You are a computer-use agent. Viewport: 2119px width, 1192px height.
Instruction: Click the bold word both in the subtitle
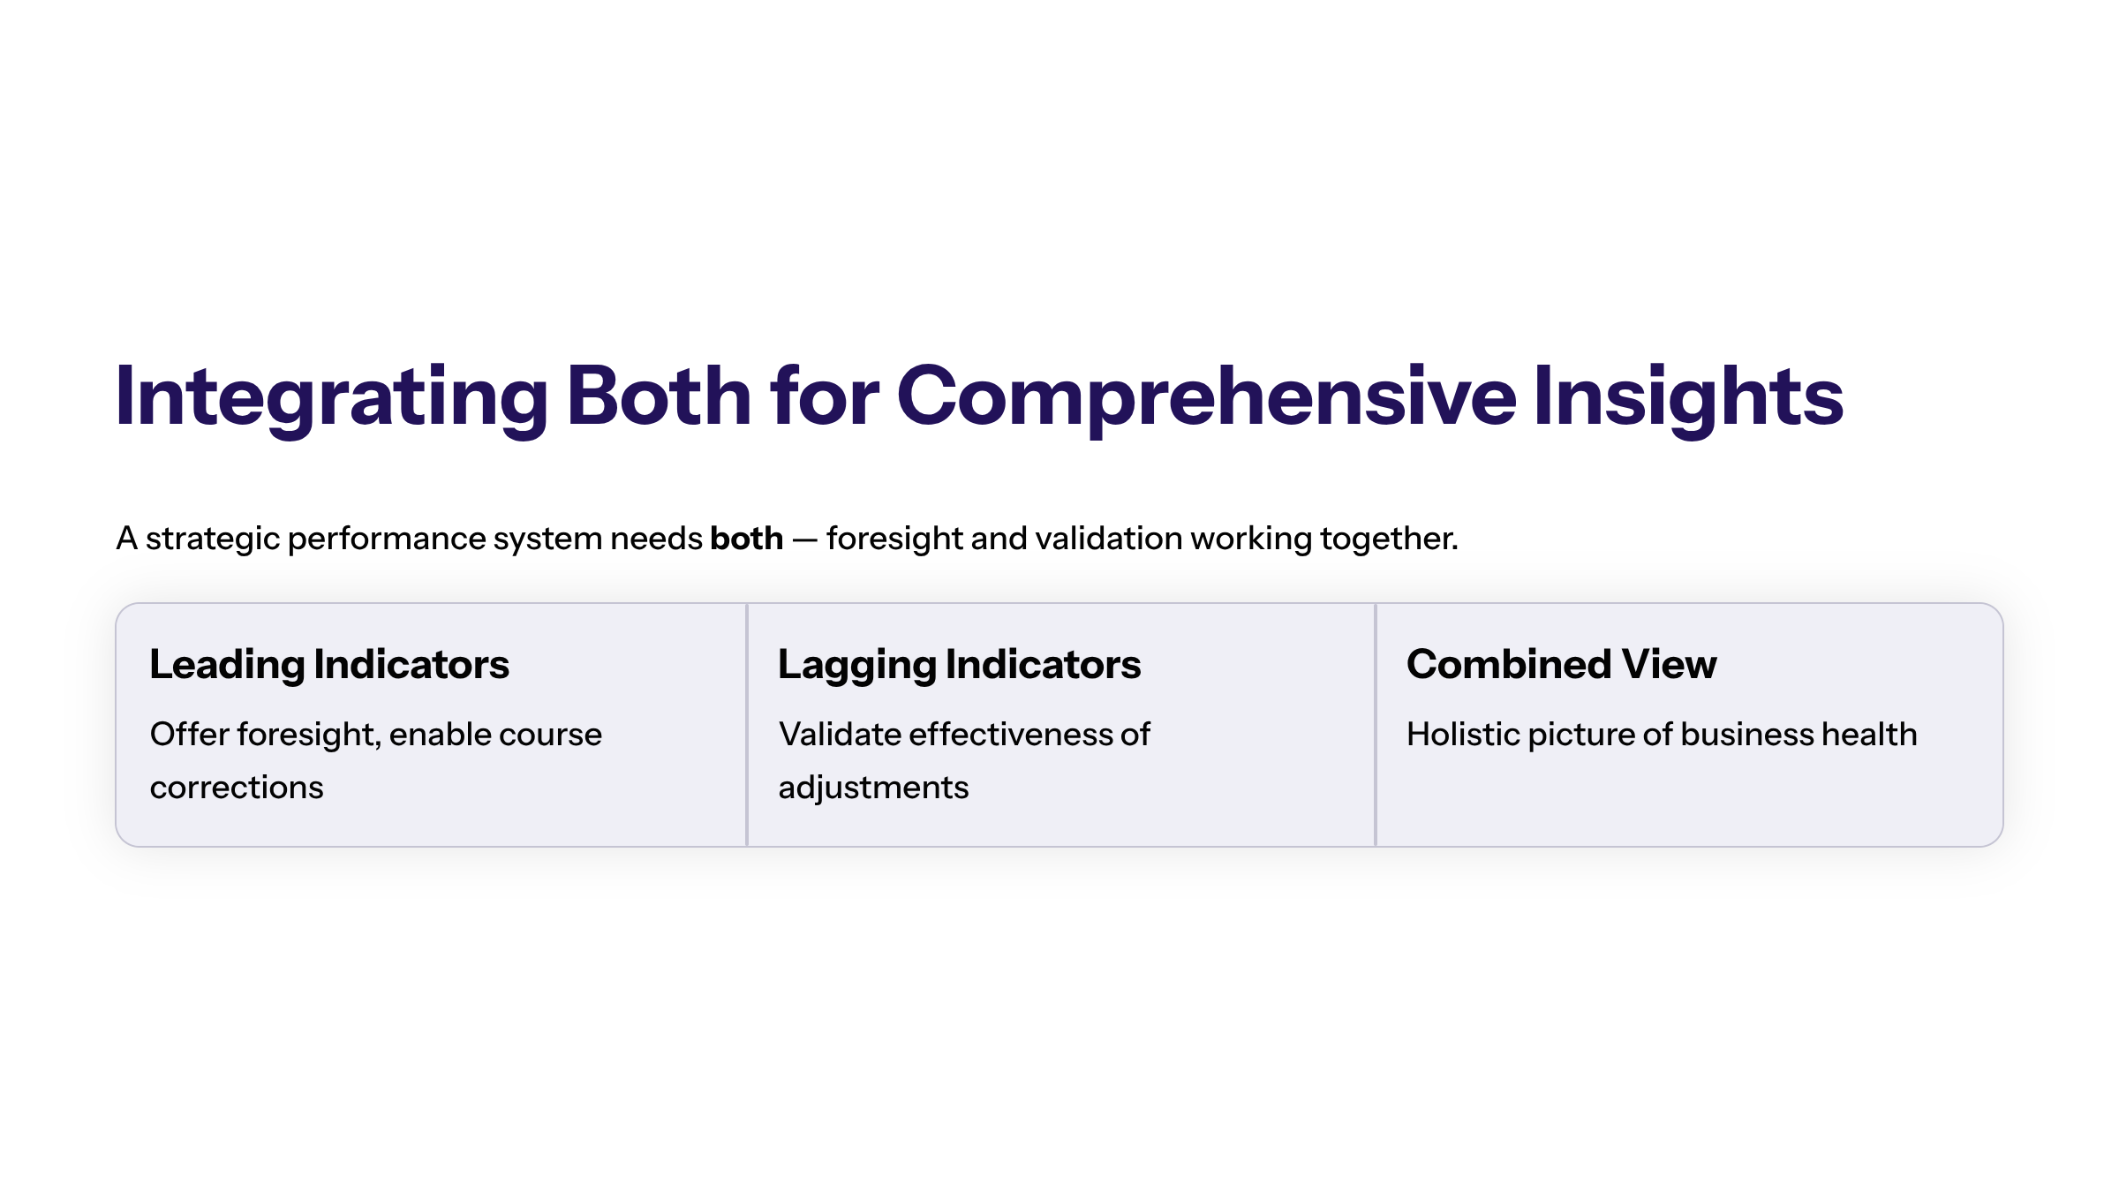click(747, 538)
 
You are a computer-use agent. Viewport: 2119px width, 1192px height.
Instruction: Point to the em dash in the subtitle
click(804, 539)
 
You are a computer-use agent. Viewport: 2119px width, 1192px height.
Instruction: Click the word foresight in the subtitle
click(894, 539)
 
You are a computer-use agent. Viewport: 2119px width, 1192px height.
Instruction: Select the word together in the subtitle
click(1389, 539)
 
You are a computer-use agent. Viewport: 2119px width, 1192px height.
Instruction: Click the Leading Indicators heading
click(329, 665)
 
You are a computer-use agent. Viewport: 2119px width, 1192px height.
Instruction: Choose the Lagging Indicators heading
click(960, 665)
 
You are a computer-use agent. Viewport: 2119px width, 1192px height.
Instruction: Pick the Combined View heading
click(1562, 664)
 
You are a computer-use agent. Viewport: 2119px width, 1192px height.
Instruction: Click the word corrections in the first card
click(237, 788)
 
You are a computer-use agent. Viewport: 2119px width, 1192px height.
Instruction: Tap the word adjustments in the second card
click(874, 788)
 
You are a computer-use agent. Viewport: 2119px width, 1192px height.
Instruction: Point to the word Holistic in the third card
click(1463, 734)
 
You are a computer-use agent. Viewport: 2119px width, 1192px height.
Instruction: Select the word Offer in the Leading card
click(190, 734)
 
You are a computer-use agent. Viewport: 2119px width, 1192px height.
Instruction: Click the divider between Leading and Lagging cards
click(747, 725)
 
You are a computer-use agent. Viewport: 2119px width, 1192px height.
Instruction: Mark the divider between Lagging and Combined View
click(1376, 725)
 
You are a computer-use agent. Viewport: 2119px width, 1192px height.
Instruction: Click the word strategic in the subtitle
click(213, 539)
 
